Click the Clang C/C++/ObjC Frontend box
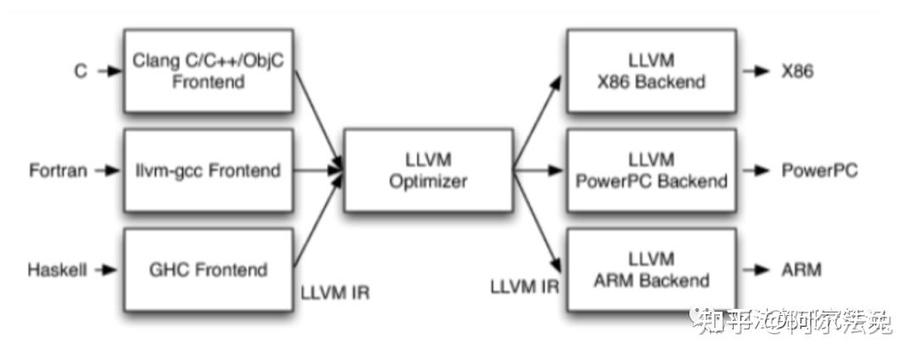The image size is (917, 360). point(208,71)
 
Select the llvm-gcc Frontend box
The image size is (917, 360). point(208,171)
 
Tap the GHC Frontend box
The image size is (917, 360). point(208,270)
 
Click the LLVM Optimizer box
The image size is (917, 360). point(428,170)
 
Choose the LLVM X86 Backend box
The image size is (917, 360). point(652,71)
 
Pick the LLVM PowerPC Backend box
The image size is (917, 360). point(652,170)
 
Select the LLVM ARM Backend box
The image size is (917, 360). point(652,270)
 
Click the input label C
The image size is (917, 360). point(81,71)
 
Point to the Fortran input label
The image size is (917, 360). point(58,171)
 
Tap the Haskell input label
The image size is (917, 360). point(58,270)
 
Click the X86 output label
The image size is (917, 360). point(797,71)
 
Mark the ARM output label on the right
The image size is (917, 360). point(801,270)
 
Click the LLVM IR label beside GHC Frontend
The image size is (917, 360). point(335,294)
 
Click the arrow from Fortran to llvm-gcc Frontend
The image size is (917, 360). point(108,171)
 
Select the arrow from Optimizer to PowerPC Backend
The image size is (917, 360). point(539,171)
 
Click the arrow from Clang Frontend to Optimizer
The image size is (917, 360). point(318,119)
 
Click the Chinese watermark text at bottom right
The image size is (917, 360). point(794,321)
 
